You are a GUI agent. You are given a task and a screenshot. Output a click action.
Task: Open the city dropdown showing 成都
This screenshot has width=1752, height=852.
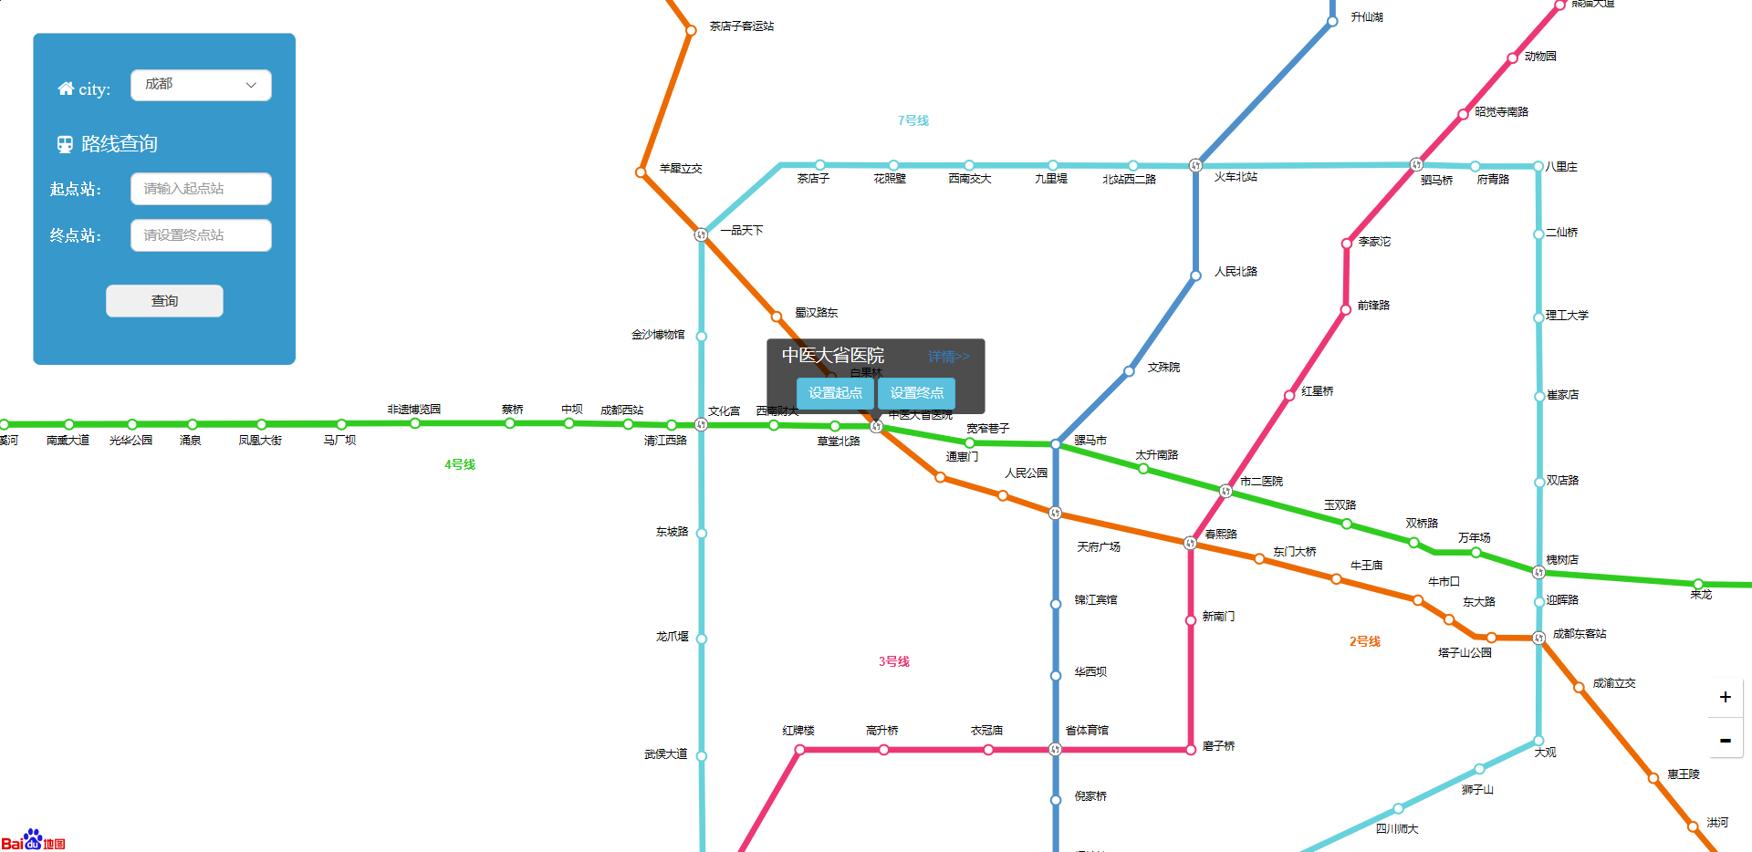click(x=201, y=85)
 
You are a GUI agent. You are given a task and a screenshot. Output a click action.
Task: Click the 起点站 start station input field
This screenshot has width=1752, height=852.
click(x=201, y=189)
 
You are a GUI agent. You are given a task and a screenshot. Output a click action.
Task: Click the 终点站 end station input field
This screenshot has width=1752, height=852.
click(x=201, y=235)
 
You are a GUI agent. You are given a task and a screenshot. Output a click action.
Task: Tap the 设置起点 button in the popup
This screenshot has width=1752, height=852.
click(x=835, y=393)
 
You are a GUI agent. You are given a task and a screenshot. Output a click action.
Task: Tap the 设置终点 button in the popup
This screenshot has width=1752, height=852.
click(x=916, y=393)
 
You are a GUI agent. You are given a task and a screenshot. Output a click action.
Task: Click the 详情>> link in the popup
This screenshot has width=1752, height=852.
click(x=948, y=357)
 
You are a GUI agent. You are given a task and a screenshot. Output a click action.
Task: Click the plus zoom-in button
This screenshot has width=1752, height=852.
click(x=1725, y=697)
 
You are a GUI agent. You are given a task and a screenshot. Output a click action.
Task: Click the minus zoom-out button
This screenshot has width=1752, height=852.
click(x=1725, y=741)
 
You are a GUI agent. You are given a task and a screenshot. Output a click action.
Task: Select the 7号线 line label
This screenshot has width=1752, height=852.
click(x=912, y=120)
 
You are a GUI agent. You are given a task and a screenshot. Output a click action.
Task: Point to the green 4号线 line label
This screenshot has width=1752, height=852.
click(x=460, y=464)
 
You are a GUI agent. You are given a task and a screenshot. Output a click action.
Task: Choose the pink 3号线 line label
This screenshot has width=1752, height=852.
click(x=894, y=661)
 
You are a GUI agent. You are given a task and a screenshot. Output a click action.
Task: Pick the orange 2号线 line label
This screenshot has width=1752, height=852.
click(x=1365, y=641)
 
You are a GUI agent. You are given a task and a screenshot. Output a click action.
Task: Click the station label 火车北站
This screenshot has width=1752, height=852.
click(x=1236, y=177)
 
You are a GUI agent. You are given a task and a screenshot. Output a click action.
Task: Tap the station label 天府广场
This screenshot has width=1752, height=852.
click(x=1099, y=547)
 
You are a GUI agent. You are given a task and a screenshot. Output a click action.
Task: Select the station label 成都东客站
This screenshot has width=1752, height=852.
click(x=1580, y=634)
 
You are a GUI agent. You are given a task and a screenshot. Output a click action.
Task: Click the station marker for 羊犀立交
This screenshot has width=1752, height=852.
click(x=641, y=171)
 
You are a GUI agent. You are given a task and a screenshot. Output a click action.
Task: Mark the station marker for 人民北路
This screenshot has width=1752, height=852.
click(x=1195, y=275)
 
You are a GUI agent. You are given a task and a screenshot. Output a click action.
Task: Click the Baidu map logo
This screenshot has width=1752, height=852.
click(x=34, y=840)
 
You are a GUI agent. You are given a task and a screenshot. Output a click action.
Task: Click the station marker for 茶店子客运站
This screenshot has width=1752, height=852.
click(x=691, y=30)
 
